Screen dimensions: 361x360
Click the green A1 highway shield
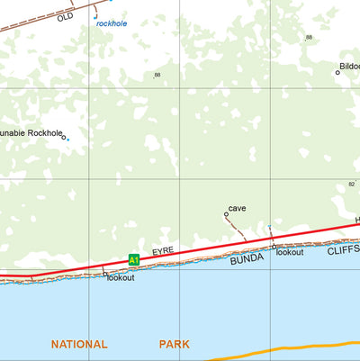[133, 260]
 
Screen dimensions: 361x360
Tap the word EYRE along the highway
[162, 251]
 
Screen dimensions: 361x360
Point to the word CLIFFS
[343, 249]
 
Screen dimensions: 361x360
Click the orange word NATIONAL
[79, 344]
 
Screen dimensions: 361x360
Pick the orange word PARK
[175, 344]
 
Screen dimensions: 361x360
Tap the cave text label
[237, 208]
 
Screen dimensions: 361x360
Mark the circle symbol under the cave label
[226, 215]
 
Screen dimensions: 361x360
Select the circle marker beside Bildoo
[337, 72]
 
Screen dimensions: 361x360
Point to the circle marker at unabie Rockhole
[63, 136]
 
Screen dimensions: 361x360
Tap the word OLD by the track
[65, 17]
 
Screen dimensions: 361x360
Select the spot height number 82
[352, 184]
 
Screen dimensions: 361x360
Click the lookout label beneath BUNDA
[290, 253]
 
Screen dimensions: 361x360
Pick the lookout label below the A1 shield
[121, 278]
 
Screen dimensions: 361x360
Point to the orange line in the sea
[297, 351]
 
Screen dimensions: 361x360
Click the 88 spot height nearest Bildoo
[309, 37]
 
